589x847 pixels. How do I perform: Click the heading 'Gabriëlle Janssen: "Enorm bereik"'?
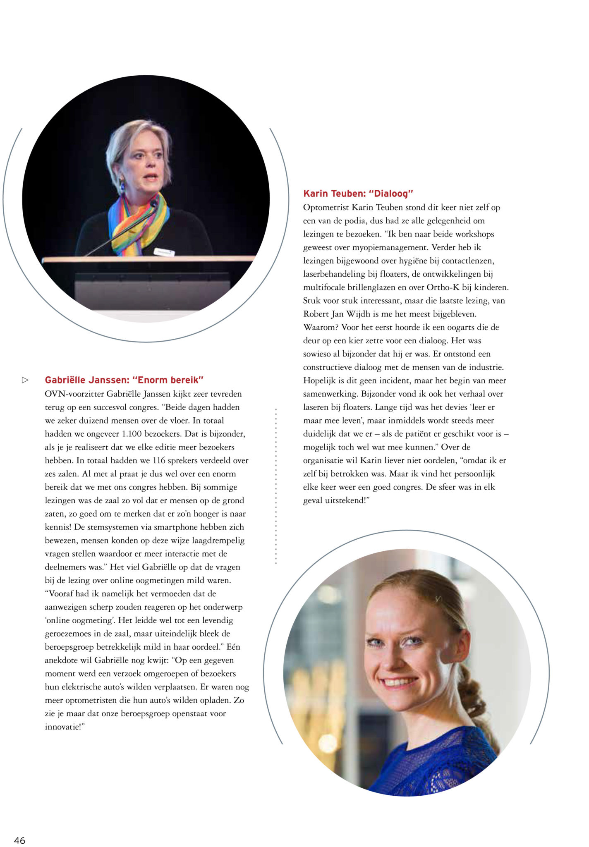coord(124,380)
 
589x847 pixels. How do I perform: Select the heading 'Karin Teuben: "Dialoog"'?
coord(358,194)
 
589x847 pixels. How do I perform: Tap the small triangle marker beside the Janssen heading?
coord(25,380)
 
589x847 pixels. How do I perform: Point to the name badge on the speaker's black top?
coord(164,252)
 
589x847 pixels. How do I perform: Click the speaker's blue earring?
coord(122,187)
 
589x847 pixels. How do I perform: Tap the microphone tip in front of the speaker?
coord(154,203)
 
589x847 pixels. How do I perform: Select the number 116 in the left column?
coord(159,460)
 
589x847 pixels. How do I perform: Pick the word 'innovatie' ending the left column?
coord(62,727)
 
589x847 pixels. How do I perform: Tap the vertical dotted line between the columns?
coord(276,486)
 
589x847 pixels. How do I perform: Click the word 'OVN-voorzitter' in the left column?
coord(74,394)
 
